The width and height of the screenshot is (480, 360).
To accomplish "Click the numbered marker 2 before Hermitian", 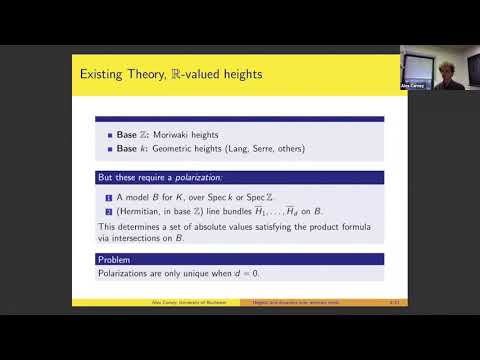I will click(x=101, y=211).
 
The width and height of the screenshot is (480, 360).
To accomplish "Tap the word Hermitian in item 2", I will click(x=133, y=211).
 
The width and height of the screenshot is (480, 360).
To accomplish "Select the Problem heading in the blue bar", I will click(x=115, y=260).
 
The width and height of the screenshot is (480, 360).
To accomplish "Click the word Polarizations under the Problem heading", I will click(x=123, y=273).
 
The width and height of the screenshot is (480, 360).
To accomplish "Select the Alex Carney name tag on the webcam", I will click(x=412, y=87).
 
